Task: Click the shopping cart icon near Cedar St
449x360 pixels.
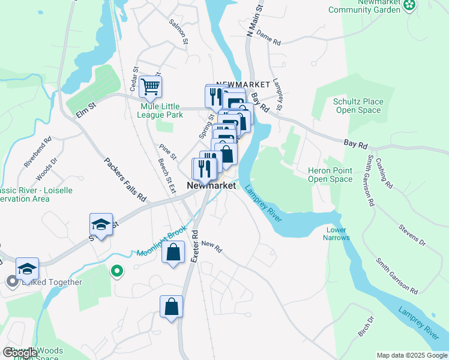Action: pyautogui.click(x=150, y=86)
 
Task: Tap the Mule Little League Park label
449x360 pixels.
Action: pyautogui.click(x=161, y=110)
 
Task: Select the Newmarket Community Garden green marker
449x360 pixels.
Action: pyautogui.click(x=409, y=6)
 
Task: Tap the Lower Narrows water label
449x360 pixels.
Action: pyautogui.click(x=337, y=233)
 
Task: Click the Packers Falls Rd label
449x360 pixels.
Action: pyautogui.click(x=125, y=179)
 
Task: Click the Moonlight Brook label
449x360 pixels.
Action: pyautogui.click(x=161, y=241)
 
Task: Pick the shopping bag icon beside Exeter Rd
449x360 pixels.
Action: pyautogui.click(x=171, y=307)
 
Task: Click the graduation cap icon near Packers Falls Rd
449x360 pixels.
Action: pyautogui.click(x=101, y=225)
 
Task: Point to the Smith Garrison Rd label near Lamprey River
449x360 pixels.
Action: pyautogui.click(x=397, y=276)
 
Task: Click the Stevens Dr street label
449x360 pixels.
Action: pyautogui.click(x=412, y=235)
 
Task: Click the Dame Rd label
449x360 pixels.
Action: pyautogui.click(x=268, y=40)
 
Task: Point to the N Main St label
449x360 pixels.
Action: pyautogui.click(x=255, y=23)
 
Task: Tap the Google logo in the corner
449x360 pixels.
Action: pyautogui.click(x=20, y=353)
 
